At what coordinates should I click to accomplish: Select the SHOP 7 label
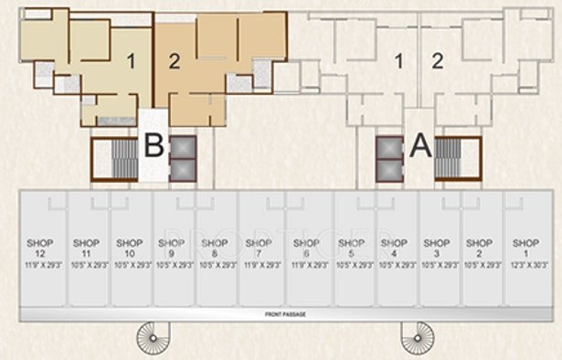(x=260, y=249)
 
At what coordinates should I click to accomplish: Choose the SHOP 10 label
(x=130, y=249)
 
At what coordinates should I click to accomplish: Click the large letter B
(x=154, y=146)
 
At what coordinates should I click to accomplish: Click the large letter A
(x=419, y=146)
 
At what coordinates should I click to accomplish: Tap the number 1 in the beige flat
(x=132, y=62)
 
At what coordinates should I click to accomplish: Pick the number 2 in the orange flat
(x=175, y=62)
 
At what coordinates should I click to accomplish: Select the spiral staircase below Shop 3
(x=416, y=338)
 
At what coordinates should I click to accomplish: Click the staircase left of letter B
(x=113, y=158)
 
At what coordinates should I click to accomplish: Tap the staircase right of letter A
(x=458, y=158)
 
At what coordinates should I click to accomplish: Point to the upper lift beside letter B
(x=183, y=147)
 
